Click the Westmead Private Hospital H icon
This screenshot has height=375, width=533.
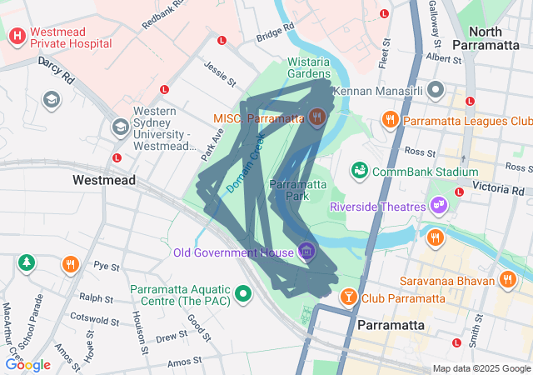pos(17,37)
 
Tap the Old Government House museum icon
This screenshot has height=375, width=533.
pos(306,251)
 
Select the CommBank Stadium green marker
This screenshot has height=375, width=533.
pos(360,171)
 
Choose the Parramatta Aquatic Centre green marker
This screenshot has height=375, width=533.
pos(243,292)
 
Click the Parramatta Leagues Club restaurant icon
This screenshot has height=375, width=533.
pos(389,121)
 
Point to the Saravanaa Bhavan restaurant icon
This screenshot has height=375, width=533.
pos(506,280)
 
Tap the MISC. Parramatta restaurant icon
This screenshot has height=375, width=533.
pos(316,117)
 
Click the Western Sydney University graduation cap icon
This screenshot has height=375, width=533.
pos(120,127)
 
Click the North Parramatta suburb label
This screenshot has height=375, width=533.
pos(489,37)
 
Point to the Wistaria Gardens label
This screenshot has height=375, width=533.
pos(309,68)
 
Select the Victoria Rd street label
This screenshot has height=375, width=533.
pos(496,188)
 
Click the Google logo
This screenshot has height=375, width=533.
pos(28,364)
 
